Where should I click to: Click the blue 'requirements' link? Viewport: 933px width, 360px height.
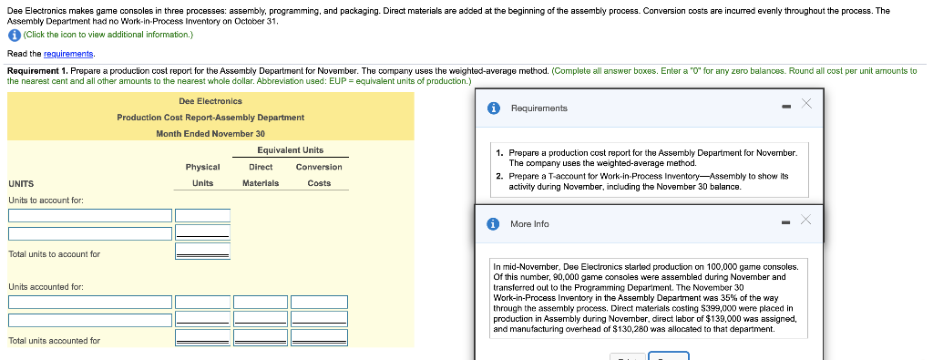pos(68,54)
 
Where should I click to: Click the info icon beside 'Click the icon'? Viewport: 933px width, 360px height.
pos(14,35)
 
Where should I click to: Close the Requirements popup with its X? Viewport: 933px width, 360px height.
pos(805,104)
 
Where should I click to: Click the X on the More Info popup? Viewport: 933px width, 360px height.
pos(805,221)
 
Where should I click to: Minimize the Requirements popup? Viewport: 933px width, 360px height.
pos(786,108)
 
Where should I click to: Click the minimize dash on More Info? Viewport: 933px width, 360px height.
pos(786,223)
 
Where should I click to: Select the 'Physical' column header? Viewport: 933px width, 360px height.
pos(202,167)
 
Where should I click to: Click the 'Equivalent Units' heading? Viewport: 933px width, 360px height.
pos(291,150)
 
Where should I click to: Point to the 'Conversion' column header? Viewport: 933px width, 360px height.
pos(319,167)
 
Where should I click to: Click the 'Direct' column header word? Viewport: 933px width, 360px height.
pos(261,167)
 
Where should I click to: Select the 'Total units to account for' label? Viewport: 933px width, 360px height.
pos(54,254)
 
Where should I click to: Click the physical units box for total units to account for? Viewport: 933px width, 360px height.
pos(202,252)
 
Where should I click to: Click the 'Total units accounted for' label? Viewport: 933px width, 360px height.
pos(54,341)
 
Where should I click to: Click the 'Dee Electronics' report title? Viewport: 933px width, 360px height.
pos(210,101)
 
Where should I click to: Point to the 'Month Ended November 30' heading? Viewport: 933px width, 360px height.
pos(210,134)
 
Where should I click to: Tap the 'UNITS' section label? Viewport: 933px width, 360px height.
pos(22,183)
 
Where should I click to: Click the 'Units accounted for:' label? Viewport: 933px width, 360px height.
pos(46,287)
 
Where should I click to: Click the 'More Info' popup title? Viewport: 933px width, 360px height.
pos(529,223)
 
